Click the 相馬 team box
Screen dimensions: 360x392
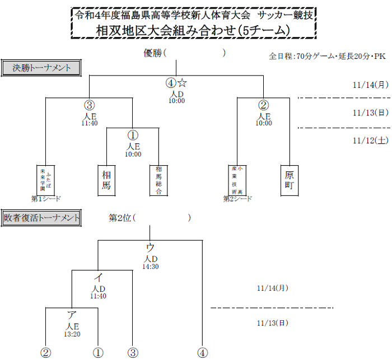(x=106, y=180)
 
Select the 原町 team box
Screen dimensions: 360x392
(x=289, y=180)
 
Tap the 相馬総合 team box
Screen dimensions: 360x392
(x=158, y=180)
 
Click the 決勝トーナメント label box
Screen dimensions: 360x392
(x=41, y=68)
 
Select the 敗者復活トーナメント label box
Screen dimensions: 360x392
(x=41, y=217)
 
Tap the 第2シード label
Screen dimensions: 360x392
(x=237, y=198)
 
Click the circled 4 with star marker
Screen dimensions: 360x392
(x=176, y=83)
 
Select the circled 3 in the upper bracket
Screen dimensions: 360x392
(x=89, y=105)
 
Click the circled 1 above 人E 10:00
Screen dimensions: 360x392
(x=133, y=135)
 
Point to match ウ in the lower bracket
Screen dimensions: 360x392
(x=150, y=247)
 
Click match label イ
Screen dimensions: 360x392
(x=98, y=277)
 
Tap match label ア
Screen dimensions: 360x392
(x=72, y=315)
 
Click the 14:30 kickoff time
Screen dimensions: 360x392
(x=151, y=267)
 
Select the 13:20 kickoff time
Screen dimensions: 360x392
(x=72, y=334)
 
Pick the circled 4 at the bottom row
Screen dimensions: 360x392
(x=202, y=353)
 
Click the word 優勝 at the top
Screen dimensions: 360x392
(x=153, y=53)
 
